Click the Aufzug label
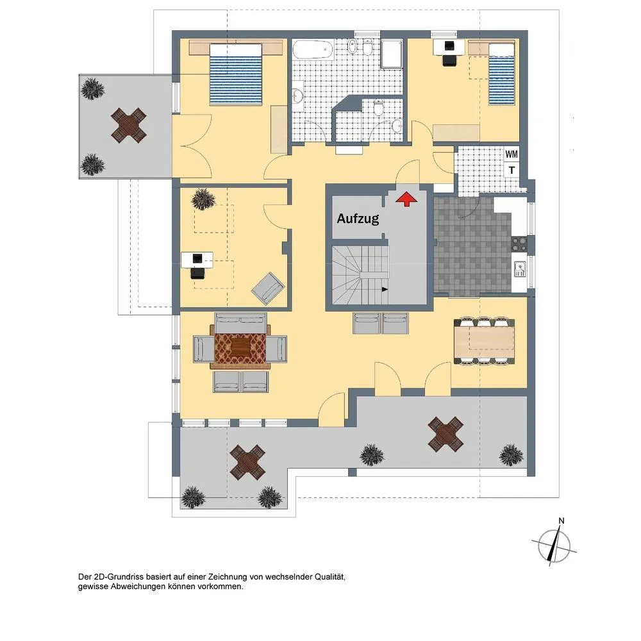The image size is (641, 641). [358, 219]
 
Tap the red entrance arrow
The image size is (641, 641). [406, 199]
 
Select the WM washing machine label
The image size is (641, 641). [512, 154]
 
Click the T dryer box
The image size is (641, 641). [512, 170]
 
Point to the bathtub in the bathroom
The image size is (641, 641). [313, 49]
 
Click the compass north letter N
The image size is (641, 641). [562, 520]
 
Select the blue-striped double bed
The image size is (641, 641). [235, 74]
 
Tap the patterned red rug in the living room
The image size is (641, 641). [240, 348]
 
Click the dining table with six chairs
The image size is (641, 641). [484, 341]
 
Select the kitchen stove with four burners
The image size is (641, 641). [519, 244]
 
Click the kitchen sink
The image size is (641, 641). [520, 269]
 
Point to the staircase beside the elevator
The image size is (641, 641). [360, 275]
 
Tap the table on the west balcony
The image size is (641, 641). [129, 125]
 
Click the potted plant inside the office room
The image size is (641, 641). [203, 199]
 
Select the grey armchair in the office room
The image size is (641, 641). [268, 288]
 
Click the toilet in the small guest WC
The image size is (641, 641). [379, 108]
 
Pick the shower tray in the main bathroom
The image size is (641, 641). [392, 54]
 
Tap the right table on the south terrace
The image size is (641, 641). [445, 434]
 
